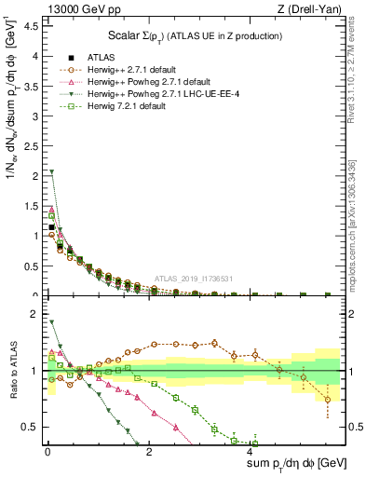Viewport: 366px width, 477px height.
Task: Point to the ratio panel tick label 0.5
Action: coord(30,427)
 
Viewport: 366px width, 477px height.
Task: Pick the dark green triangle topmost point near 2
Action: coord(52,172)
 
